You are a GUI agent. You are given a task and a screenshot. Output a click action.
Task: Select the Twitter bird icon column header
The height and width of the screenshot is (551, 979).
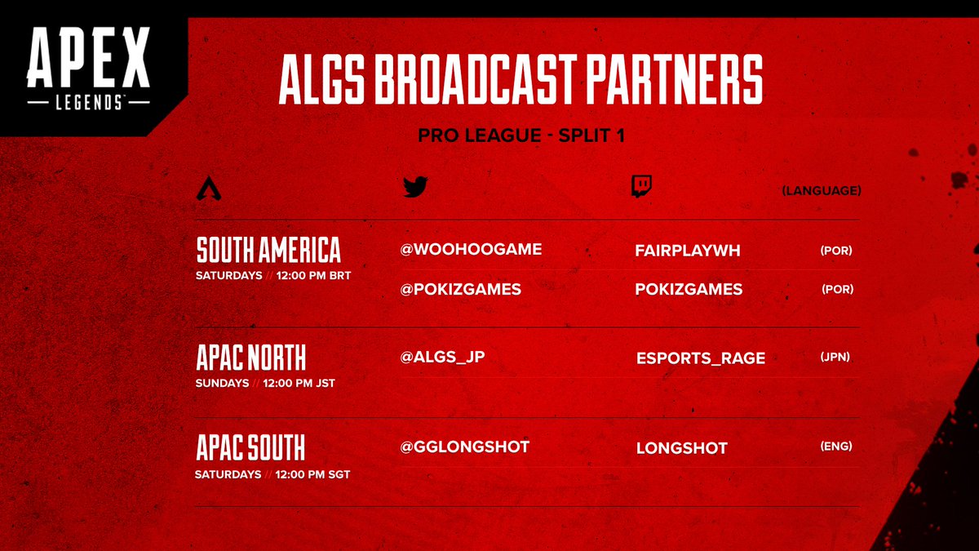(415, 188)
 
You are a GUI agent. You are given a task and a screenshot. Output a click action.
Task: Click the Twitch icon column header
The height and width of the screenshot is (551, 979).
(641, 188)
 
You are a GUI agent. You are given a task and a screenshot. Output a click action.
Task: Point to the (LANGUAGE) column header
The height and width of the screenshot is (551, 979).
(821, 191)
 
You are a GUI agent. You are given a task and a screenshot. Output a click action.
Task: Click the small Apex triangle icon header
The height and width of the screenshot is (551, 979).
(210, 190)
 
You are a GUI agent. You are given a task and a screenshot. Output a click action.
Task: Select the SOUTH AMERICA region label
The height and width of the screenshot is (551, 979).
(268, 250)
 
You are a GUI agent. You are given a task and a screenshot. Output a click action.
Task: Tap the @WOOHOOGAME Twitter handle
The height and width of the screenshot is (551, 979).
(471, 249)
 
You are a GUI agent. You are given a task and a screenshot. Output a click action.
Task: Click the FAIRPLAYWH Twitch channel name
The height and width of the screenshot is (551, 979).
(687, 251)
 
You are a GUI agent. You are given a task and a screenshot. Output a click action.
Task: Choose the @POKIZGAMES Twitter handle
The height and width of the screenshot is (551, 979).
(460, 289)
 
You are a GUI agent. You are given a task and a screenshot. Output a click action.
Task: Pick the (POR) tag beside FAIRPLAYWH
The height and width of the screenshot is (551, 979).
(835, 251)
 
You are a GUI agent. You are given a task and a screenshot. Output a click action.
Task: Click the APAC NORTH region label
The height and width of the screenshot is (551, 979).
(251, 358)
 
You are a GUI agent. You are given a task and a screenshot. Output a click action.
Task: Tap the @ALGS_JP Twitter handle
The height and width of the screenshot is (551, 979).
(442, 356)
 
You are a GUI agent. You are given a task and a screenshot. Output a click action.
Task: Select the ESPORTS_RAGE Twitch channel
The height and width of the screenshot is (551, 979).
(700, 358)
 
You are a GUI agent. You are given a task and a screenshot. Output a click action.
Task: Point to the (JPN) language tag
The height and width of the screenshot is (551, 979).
(835, 357)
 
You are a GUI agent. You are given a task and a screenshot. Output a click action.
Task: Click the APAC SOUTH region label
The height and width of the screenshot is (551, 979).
(250, 448)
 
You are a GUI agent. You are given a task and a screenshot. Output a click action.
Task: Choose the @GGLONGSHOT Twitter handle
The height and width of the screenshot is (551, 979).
(464, 447)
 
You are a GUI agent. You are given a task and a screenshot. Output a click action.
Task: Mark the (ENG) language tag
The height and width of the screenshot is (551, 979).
(835, 447)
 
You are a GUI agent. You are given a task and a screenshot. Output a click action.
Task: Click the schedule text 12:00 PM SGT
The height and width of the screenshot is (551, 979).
(313, 474)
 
